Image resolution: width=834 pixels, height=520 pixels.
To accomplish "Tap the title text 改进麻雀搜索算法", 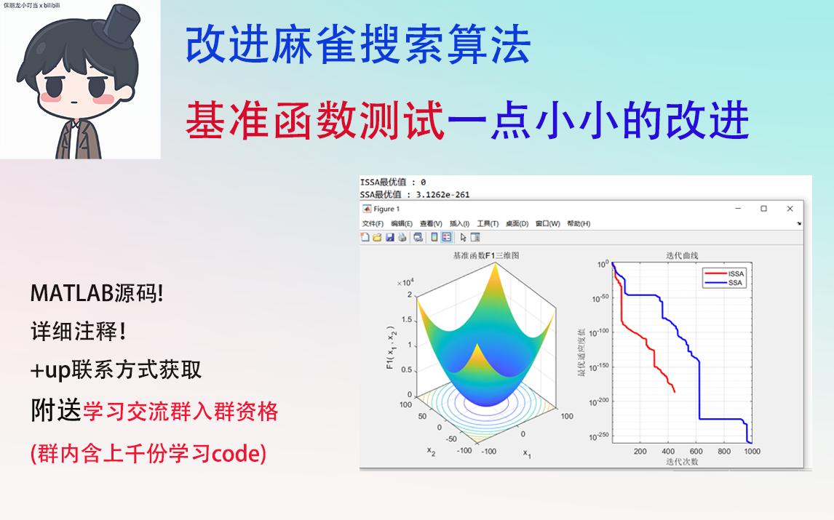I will click(358, 45).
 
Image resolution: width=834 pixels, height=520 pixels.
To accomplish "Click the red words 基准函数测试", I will click(314, 120).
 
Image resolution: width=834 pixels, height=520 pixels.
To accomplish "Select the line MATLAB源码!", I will click(97, 293).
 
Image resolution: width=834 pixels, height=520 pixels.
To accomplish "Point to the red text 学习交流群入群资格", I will click(180, 412).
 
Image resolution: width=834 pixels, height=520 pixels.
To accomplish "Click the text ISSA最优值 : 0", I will click(393, 183).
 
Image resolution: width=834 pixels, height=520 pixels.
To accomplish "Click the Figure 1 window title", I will click(387, 209).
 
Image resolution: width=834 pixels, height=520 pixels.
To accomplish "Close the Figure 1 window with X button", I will click(790, 209).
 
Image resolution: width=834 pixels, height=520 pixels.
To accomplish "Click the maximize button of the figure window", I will click(763, 209).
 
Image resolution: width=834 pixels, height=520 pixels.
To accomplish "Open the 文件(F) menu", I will click(372, 223).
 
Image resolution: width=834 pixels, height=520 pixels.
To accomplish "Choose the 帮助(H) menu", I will click(579, 223).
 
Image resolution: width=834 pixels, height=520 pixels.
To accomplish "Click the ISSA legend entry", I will click(736, 274).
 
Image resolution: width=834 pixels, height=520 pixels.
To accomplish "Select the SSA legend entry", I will click(734, 283).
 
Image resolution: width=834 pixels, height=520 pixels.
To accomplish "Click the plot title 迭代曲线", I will click(681, 255).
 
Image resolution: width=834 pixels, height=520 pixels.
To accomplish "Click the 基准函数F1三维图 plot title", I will click(485, 256).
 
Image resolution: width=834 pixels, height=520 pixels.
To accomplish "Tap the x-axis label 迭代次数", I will click(681, 461).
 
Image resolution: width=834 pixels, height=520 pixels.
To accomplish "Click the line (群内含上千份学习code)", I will click(148, 455).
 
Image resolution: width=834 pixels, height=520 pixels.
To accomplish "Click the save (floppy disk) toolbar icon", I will click(390, 237).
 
